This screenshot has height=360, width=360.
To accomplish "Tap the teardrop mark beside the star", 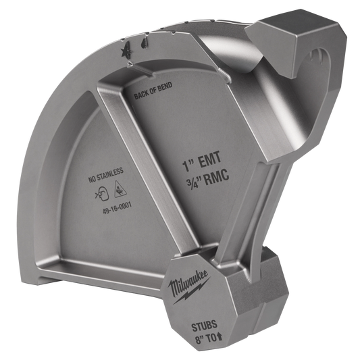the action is point(145,43).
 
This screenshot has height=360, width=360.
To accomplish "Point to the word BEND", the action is point(165,86).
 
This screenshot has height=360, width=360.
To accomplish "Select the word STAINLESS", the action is point(110,174).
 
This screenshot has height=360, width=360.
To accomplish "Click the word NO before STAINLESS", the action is point(93,180).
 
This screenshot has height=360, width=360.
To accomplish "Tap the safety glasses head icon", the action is point(101,195).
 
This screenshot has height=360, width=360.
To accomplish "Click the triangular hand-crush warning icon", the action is point(120,189).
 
